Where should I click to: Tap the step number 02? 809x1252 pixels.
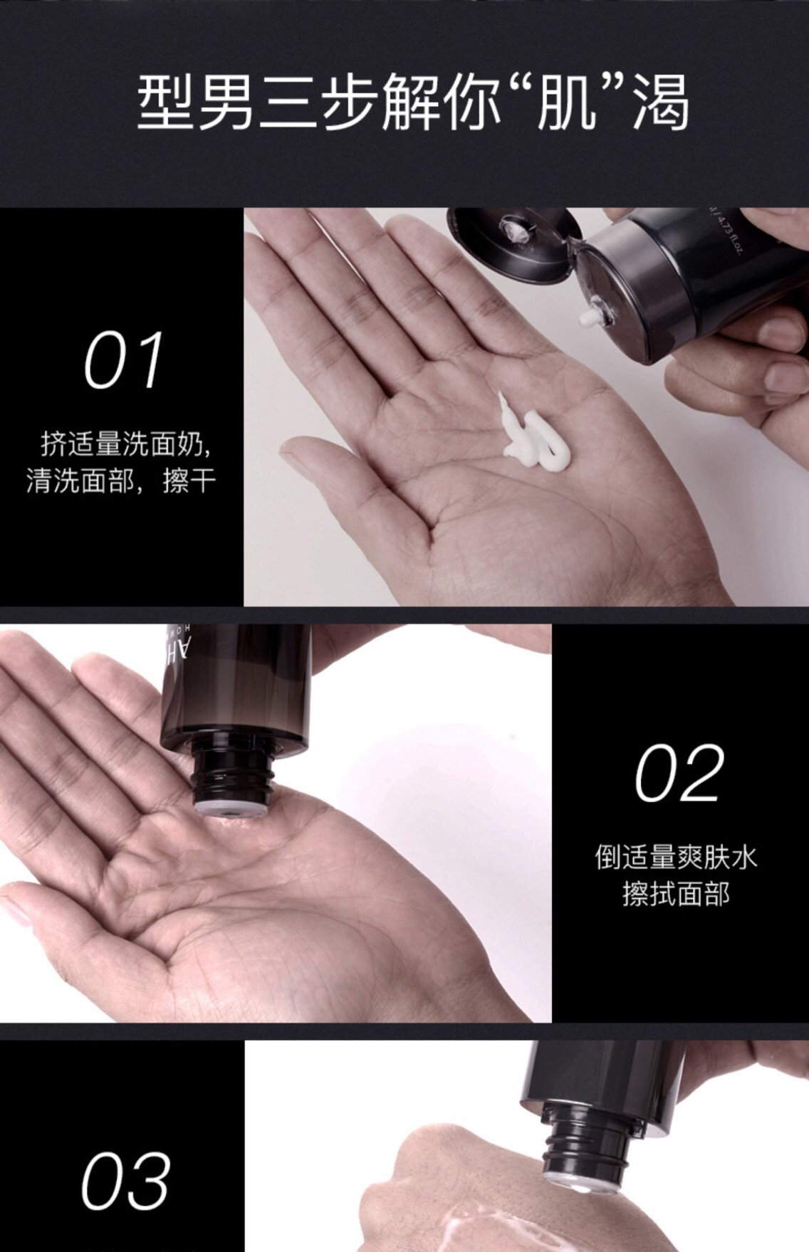[x=679, y=773]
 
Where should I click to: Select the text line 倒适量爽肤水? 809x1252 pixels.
[x=676, y=857]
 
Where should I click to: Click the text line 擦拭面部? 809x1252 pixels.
[x=676, y=894]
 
